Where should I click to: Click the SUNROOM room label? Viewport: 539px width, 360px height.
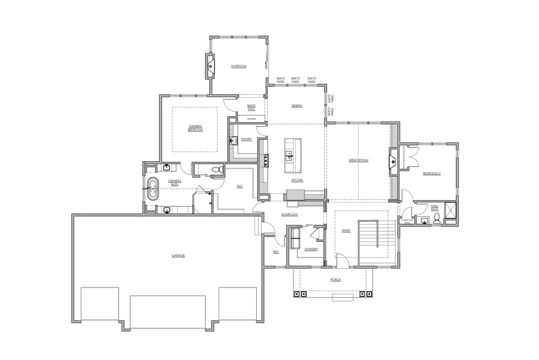tap(239, 66)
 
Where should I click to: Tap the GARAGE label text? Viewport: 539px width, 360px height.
tap(178, 255)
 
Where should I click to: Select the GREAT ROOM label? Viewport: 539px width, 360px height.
tap(358, 161)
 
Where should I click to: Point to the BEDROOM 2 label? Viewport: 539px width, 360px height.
tap(431, 173)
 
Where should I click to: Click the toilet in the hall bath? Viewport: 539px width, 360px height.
tap(437, 218)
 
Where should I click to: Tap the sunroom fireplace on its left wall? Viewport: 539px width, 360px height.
tap(210, 66)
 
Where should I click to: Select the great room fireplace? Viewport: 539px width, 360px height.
tap(393, 160)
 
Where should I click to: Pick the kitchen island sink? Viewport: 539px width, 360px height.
tap(289, 154)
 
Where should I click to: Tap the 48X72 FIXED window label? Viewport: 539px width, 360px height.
tap(295, 80)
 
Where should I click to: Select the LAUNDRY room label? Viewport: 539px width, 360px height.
tap(310, 249)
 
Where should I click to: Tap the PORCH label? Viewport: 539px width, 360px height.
tap(335, 279)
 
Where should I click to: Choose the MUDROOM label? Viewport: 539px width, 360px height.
tap(289, 214)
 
